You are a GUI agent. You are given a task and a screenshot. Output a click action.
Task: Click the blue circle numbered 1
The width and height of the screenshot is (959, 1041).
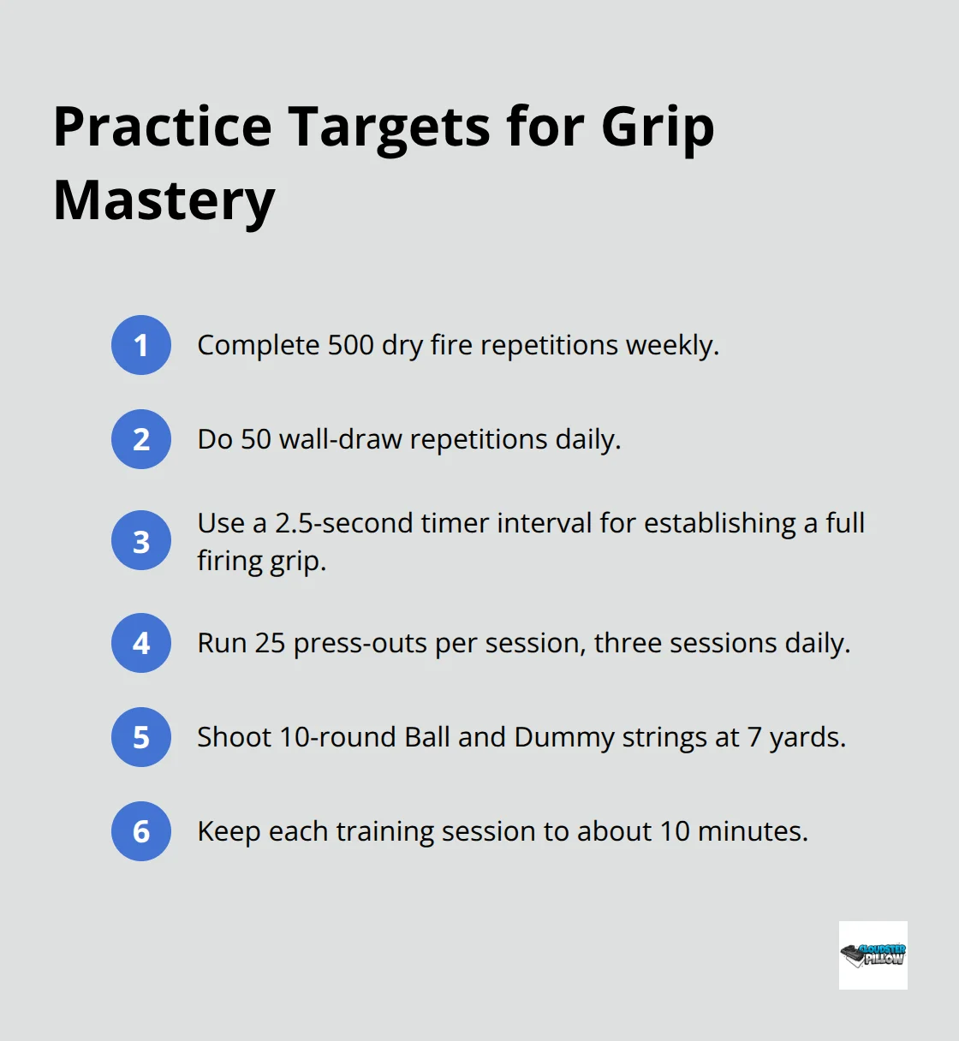coord(141,345)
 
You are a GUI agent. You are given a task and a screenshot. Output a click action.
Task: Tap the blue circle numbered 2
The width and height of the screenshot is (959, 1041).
coord(141,439)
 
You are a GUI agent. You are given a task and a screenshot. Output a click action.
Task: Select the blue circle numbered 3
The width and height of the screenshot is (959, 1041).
coord(141,540)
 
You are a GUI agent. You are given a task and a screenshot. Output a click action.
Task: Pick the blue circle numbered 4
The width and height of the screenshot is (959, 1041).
coord(141,643)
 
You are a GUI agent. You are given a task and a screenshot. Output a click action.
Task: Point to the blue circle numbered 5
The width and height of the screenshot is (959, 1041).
coord(141,737)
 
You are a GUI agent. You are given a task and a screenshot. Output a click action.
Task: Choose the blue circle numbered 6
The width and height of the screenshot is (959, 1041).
coord(141,831)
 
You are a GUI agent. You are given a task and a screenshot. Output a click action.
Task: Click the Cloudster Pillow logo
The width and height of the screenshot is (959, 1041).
coord(873,955)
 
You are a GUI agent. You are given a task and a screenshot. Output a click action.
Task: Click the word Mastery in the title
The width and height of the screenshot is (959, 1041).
coord(164,202)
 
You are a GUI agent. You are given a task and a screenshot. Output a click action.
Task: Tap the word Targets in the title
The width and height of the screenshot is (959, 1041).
coord(389,128)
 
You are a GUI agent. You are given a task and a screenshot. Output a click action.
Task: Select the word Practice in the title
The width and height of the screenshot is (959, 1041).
coord(163,127)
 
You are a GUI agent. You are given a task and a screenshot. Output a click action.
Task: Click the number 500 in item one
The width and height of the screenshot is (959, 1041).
coord(350,345)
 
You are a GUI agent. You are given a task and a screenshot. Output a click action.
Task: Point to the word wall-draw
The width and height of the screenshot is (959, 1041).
coord(341,439)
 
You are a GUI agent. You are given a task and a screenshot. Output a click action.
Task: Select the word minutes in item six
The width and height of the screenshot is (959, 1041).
coord(753,831)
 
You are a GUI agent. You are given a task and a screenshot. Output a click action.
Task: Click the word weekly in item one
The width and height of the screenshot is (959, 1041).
coord(672,346)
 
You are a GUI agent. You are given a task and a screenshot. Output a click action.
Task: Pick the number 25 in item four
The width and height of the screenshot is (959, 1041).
coord(270,643)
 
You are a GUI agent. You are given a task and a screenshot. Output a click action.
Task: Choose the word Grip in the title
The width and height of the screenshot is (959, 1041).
coord(658,128)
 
